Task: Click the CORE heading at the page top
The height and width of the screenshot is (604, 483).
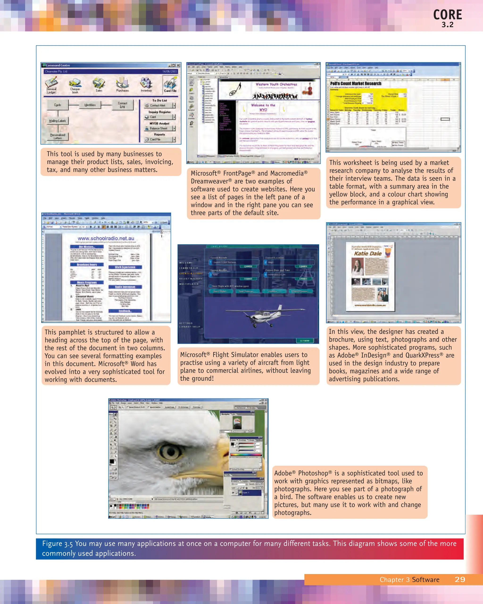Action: click(447, 15)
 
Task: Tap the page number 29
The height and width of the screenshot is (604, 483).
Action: click(460, 580)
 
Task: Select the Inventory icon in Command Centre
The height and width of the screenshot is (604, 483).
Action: click(146, 84)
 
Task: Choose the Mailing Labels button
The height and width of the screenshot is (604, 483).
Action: click(58, 121)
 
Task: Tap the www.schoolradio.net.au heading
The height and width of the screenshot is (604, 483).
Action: click(106, 238)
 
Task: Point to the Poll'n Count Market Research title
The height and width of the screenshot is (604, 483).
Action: click(356, 84)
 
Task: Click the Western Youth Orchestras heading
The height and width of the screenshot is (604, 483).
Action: click(276, 84)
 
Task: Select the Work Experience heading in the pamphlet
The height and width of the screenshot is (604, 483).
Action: click(125, 267)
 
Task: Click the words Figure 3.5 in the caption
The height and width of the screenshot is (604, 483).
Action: click(57, 544)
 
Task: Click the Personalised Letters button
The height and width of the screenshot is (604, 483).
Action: click(58, 136)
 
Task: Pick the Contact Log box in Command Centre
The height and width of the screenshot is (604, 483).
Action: click(122, 105)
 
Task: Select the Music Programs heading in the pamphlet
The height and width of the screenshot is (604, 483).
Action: click(87, 282)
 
